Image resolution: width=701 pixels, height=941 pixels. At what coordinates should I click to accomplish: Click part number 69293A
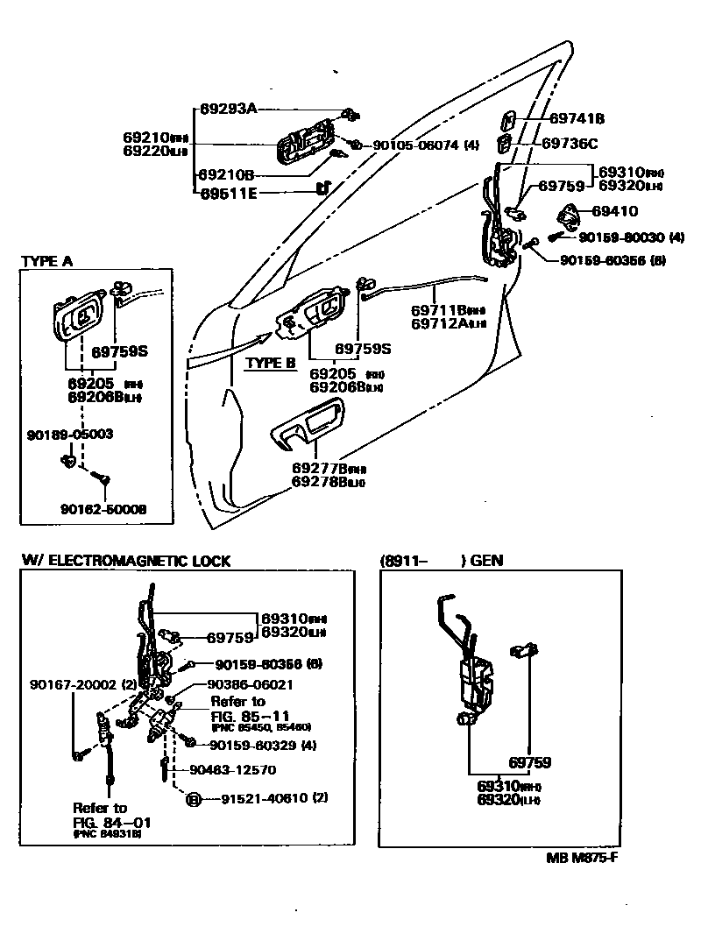click(228, 110)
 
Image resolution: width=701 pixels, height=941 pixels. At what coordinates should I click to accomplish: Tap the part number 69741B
click(577, 118)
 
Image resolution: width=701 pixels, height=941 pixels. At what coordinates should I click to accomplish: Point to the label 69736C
click(570, 143)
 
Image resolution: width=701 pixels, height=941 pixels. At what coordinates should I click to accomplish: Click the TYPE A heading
click(46, 261)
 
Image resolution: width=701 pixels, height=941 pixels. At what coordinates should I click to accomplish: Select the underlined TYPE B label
click(271, 363)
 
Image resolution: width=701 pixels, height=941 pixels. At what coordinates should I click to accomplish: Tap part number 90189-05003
click(70, 434)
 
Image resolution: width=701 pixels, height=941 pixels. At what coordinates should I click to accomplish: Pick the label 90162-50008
click(103, 509)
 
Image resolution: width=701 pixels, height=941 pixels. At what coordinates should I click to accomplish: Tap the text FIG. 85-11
click(246, 715)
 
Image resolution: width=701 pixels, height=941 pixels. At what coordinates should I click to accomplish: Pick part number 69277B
click(329, 468)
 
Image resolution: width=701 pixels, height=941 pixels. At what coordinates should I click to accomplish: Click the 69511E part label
click(229, 193)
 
